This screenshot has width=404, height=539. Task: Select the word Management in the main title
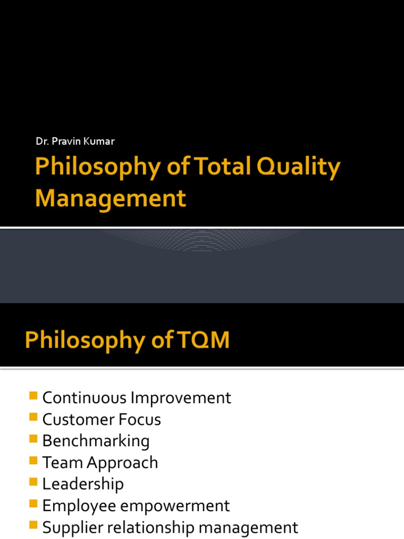(x=110, y=198)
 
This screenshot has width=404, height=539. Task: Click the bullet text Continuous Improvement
(x=137, y=398)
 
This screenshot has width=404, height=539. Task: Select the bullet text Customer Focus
(x=102, y=420)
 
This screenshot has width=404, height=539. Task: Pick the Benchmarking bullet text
(x=96, y=441)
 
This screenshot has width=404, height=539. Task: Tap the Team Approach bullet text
(x=100, y=463)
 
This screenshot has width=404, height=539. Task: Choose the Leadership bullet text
(x=83, y=484)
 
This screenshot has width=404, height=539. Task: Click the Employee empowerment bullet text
(x=136, y=506)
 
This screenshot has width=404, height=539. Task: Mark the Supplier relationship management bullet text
(x=170, y=527)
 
